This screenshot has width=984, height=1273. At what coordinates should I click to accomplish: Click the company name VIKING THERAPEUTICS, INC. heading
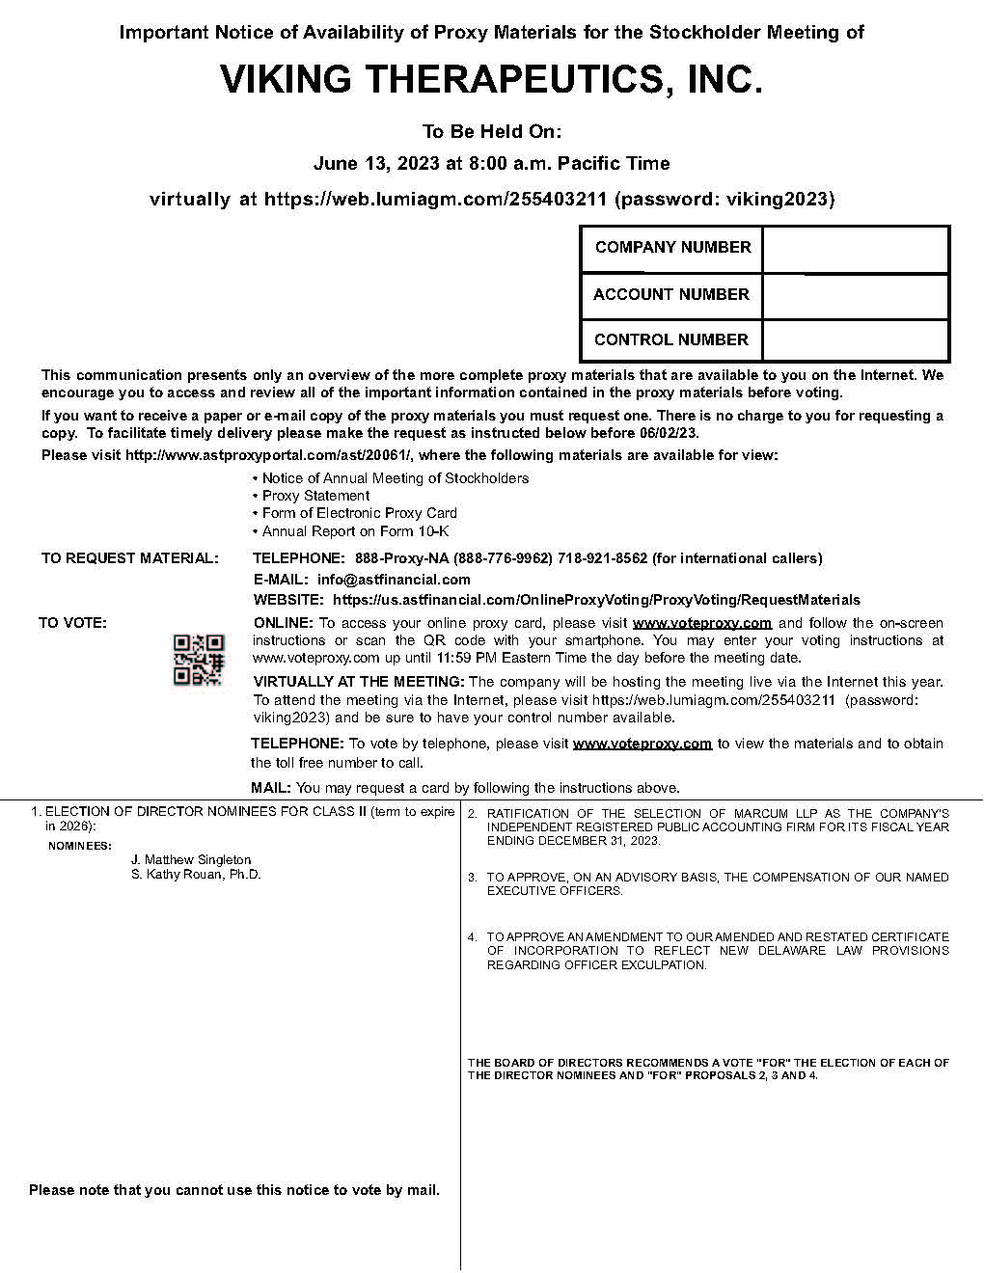click(491, 80)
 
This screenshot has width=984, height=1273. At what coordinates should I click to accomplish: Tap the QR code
click(198, 660)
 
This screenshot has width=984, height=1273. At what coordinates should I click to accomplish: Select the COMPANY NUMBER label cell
click(672, 248)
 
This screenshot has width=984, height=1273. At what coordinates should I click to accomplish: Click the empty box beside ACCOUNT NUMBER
click(855, 295)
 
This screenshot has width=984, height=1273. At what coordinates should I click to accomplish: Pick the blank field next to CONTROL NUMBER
click(855, 340)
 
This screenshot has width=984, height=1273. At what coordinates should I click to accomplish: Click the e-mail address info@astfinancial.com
click(394, 580)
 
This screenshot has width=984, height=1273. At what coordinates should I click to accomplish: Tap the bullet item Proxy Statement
click(315, 496)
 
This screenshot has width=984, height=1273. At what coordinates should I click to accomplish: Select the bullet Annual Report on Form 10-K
click(355, 531)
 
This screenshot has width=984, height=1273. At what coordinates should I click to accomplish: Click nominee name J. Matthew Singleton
click(191, 859)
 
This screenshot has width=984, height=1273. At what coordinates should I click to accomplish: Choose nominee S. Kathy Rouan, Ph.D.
click(196, 875)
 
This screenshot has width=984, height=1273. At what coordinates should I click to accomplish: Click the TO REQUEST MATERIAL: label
click(129, 558)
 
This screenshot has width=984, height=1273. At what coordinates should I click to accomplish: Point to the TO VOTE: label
click(72, 623)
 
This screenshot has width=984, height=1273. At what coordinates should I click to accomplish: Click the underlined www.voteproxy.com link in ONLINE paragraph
click(701, 623)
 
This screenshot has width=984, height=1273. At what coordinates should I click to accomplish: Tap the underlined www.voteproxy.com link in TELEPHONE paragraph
click(642, 744)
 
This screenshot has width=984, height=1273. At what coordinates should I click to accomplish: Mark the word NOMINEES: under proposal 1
click(80, 846)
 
